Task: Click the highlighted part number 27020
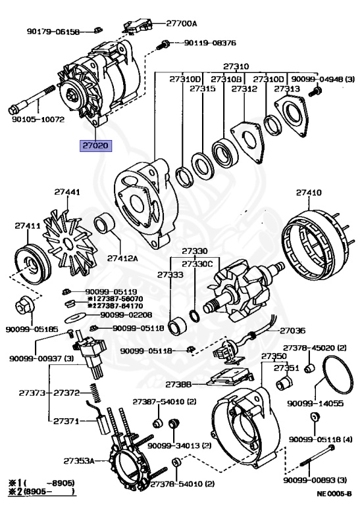coord(95,145)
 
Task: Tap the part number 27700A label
coord(182,23)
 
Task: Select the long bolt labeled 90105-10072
coord(32,99)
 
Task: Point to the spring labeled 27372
coord(95,393)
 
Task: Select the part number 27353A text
coord(79,461)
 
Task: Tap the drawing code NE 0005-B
coord(334,493)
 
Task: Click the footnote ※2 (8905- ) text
coord(41,491)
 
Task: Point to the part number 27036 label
coord(292,331)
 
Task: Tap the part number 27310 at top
coord(236,66)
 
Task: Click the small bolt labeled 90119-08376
coord(163,45)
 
